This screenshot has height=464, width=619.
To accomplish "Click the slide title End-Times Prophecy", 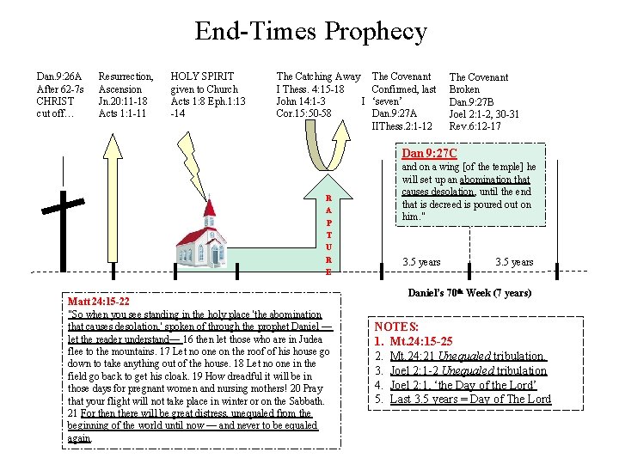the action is tap(309, 33).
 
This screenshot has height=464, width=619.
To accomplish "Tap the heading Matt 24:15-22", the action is tap(100, 302).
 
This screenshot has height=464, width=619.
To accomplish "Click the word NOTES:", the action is tap(396, 327).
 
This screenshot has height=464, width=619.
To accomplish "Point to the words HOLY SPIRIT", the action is tap(202, 77).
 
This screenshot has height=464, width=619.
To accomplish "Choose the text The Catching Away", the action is tap(318, 77).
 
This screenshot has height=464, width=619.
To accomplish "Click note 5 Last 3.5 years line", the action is tap(470, 400).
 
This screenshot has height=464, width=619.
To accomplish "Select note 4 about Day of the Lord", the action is tap(469, 385).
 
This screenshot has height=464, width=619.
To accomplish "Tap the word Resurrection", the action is tap(126, 77).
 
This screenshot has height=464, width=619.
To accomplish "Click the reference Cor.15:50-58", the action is tap(303, 113).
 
